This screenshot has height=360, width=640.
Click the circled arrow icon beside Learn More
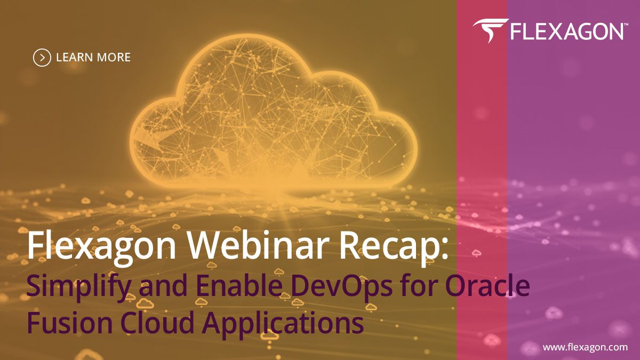tap(42, 57)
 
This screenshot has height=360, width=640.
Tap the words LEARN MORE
tap(93, 57)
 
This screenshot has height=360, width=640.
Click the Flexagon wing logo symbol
tap(489, 31)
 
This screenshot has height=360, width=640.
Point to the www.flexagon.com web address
tap(585, 347)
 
